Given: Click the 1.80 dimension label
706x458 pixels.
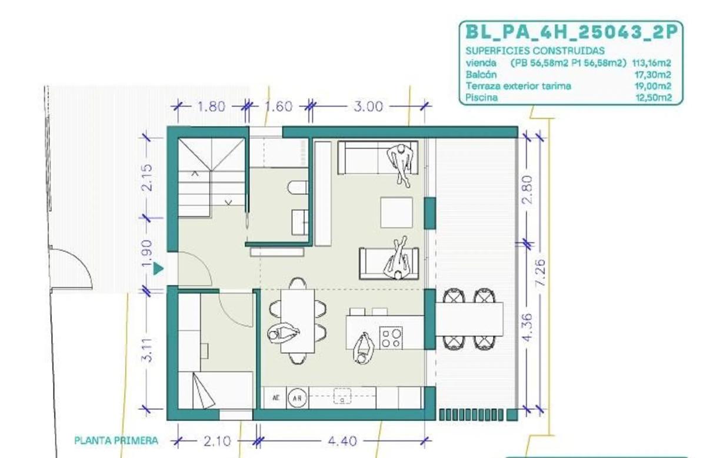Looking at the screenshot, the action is pyautogui.click(x=211, y=107).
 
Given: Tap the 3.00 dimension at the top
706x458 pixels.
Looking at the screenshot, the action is pyautogui.click(x=368, y=107).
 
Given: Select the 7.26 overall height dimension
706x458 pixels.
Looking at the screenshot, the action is pyautogui.click(x=540, y=272).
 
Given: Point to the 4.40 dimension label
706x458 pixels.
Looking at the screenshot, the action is pyautogui.click(x=342, y=441).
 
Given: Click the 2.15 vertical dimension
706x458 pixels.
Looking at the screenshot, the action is pyautogui.click(x=147, y=178).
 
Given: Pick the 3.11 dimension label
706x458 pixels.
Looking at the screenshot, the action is pyautogui.click(x=147, y=350).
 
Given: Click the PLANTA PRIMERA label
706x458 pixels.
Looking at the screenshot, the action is pyautogui.click(x=116, y=441).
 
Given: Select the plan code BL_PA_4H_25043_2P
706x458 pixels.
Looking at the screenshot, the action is pyautogui.click(x=571, y=32).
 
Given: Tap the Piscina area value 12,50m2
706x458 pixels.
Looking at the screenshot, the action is pyautogui.click(x=654, y=98).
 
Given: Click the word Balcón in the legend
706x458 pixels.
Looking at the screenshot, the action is pyautogui.click(x=481, y=75).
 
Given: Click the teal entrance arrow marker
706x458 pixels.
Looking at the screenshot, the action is pyautogui.click(x=158, y=269).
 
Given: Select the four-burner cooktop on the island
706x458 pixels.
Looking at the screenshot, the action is pyautogui.click(x=391, y=338).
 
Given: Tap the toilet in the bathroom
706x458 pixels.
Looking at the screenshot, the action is pyautogui.click(x=298, y=187).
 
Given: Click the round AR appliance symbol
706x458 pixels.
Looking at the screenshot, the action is pyautogui.click(x=298, y=399).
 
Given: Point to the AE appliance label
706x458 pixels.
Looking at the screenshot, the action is pyautogui.click(x=276, y=398).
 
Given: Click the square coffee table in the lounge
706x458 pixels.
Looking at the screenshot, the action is pyautogui.click(x=397, y=213).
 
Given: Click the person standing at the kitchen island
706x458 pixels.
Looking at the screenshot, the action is pyautogui.click(x=364, y=349).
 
